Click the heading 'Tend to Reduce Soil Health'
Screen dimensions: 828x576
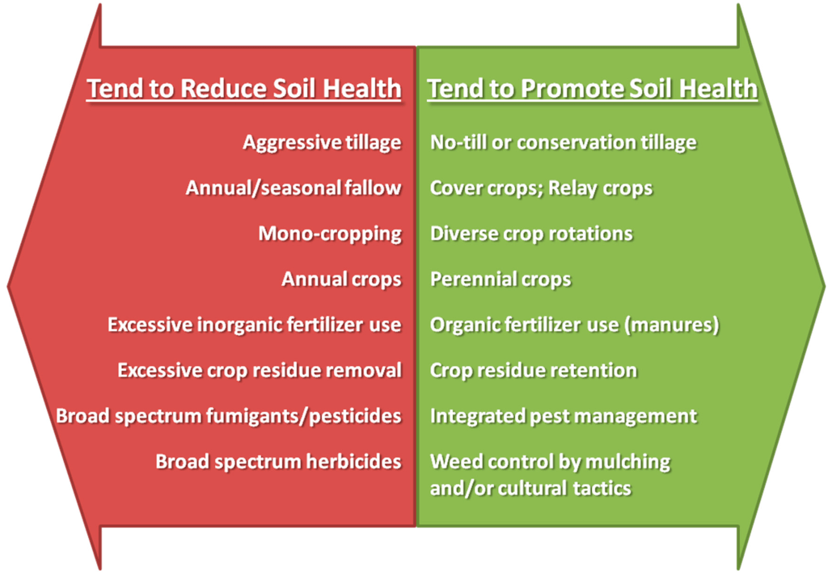pos(244,88)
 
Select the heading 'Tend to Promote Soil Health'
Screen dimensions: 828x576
pos(593,88)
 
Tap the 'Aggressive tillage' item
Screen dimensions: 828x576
pos(322,142)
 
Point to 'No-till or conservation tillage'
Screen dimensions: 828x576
pos(564,142)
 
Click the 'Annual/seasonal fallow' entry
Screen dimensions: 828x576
pos(294,187)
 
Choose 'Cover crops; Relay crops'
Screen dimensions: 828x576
pos(541,188)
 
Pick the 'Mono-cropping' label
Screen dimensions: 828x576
pos(330,233)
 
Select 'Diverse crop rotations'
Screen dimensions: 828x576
pos(531,233)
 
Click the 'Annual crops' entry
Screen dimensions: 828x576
pos(342,279)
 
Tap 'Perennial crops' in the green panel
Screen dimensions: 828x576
pos(501,279)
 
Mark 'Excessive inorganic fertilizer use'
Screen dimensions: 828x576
pos(255,325)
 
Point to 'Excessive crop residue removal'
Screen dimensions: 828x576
pos(260,370)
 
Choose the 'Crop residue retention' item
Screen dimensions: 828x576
pos(534,370)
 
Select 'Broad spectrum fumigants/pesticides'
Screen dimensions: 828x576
pos(229,416)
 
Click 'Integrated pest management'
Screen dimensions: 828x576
pos(564,416)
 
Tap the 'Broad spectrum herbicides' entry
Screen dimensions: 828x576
pos(278,461)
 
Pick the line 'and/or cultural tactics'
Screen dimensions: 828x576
pos(530,489)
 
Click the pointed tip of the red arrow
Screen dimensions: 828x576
pos(8,287)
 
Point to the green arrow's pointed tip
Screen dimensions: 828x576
pos(824,287)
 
